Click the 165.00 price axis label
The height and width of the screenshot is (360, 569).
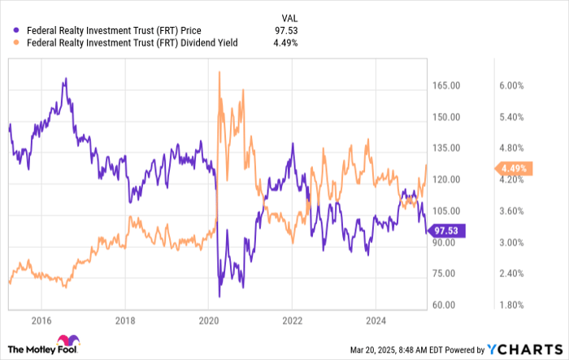click(x=446, y=85)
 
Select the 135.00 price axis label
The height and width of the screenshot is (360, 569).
click(x=446, y=148)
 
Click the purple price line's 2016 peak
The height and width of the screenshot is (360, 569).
click(x=64, y=80)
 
